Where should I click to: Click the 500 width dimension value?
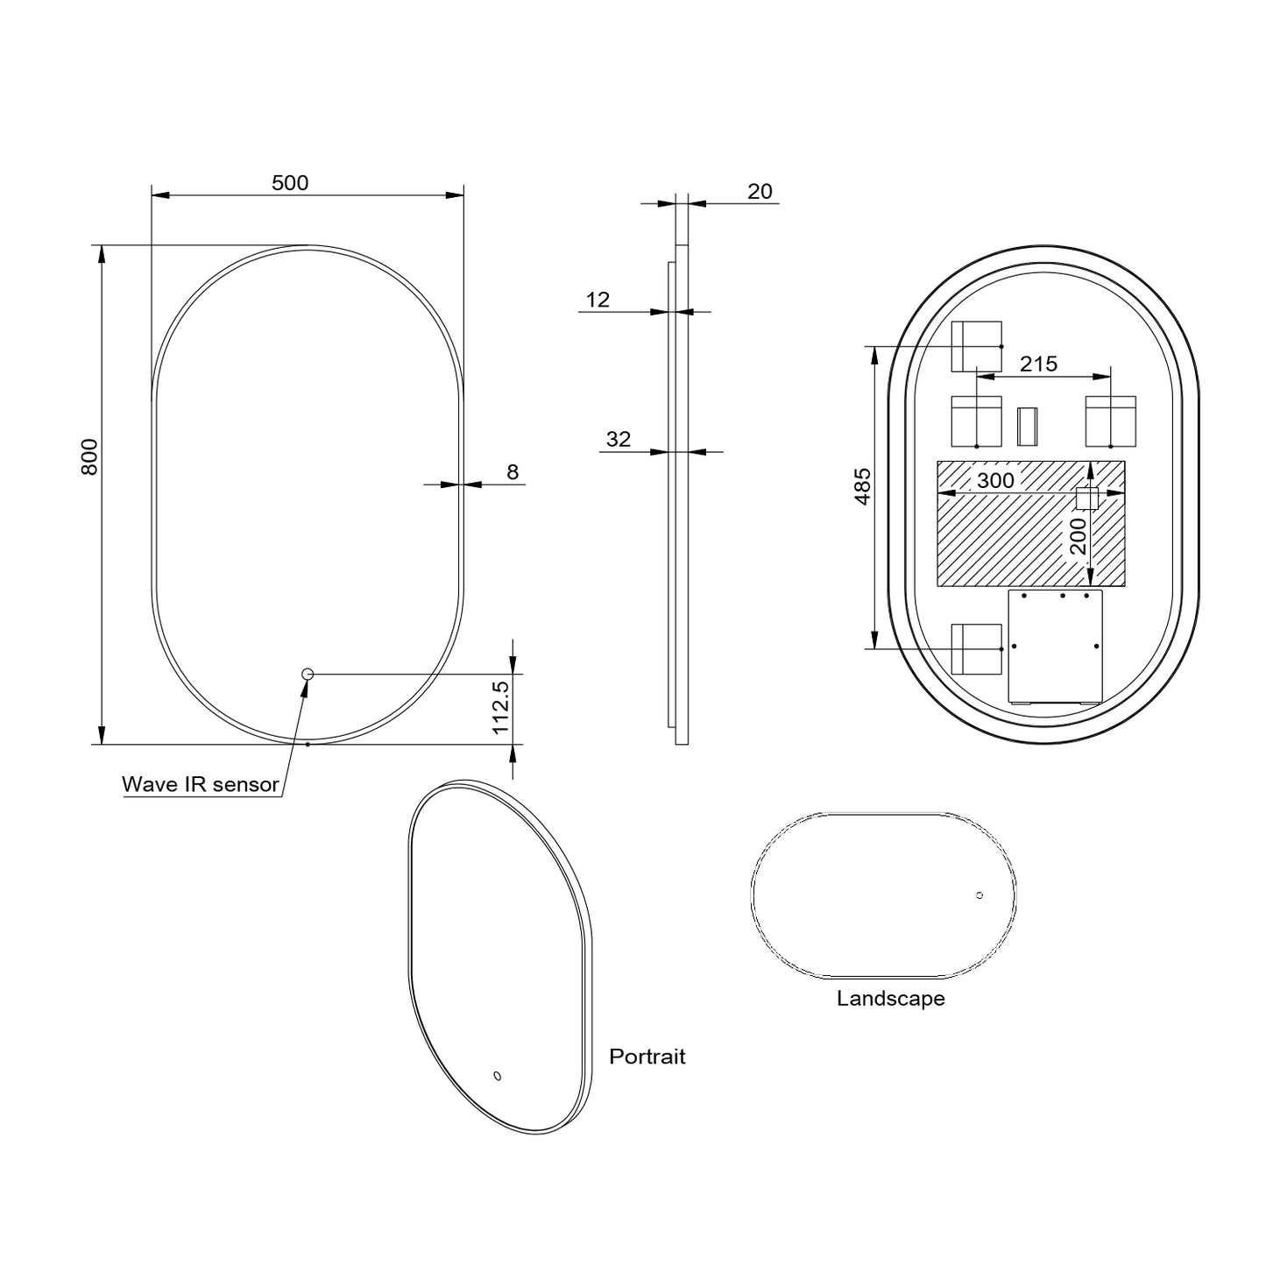[x=290, y=182]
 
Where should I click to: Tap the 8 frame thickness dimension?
[x=513, y=472]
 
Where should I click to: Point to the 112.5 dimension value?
[x=500, y=708]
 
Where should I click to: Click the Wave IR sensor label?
[x=200, y=784]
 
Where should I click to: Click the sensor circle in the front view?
[x=308, y=674]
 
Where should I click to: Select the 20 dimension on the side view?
[x=760, y=191]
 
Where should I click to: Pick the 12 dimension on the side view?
[x=598, y=300]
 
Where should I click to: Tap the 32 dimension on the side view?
[x=619, y=439]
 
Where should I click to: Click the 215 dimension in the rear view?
[x=1039, y=363]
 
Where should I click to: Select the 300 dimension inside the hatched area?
[x=995, y=480]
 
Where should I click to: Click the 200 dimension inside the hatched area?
[x=1078, y=536]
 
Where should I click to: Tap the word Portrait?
[x=647, y=1057]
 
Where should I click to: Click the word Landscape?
[x=890, y=999]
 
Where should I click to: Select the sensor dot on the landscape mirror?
[x=980, y=895]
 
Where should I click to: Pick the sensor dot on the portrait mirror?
[x=498, y=1076]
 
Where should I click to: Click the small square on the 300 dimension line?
[x=1086, y=498]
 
